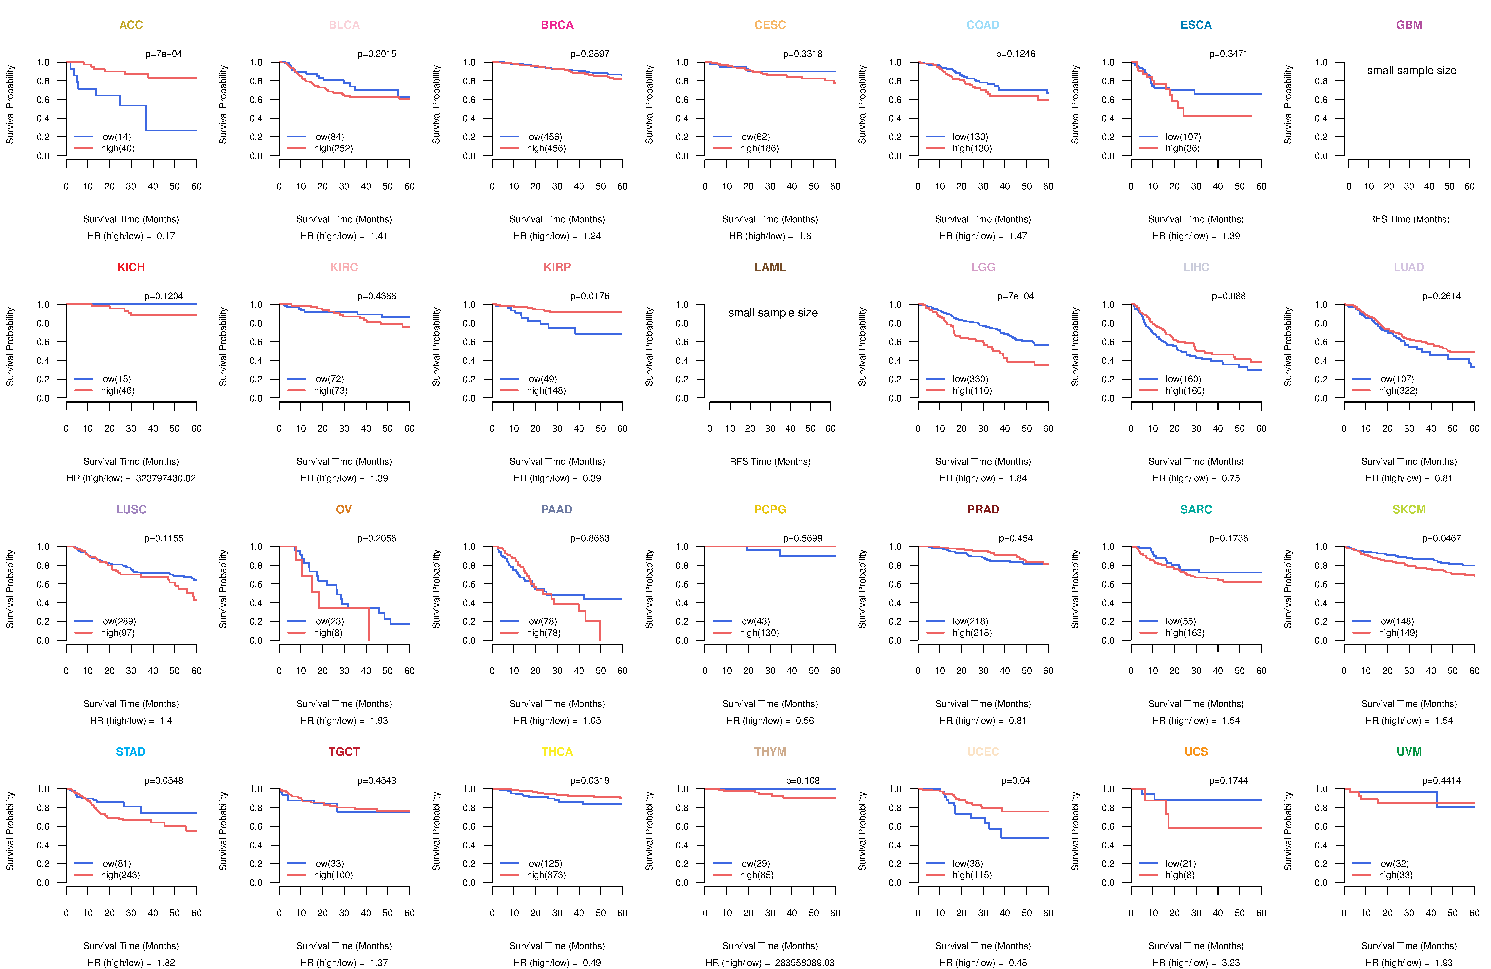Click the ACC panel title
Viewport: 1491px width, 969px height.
[x=131, y=25]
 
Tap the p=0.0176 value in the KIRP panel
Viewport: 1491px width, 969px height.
[x=589, y=296]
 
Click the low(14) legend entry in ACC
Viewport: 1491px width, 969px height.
[x=116, y=137]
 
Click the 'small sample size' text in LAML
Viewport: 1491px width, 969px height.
[x=772, y=313]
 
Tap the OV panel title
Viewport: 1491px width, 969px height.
[x=344, y=509]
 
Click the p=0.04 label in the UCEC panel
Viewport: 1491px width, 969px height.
[x=1016, y=780]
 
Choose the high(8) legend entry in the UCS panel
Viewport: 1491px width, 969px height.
[x=1180, y=875]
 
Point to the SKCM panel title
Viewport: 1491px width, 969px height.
[x=1409, y=509]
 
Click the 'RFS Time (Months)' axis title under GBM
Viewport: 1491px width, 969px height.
[x=1409, y=219]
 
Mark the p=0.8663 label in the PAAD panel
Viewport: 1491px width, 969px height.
[x=589, y=539]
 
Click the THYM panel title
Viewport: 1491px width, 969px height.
[x=770, y=752]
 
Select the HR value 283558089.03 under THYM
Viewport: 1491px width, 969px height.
[x=804, y=963]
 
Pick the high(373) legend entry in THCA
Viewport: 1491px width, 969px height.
[x=546, y=875]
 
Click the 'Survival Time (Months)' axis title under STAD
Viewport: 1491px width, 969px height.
[x=131, y=946]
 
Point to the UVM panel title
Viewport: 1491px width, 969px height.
[x=1409, y=752]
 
